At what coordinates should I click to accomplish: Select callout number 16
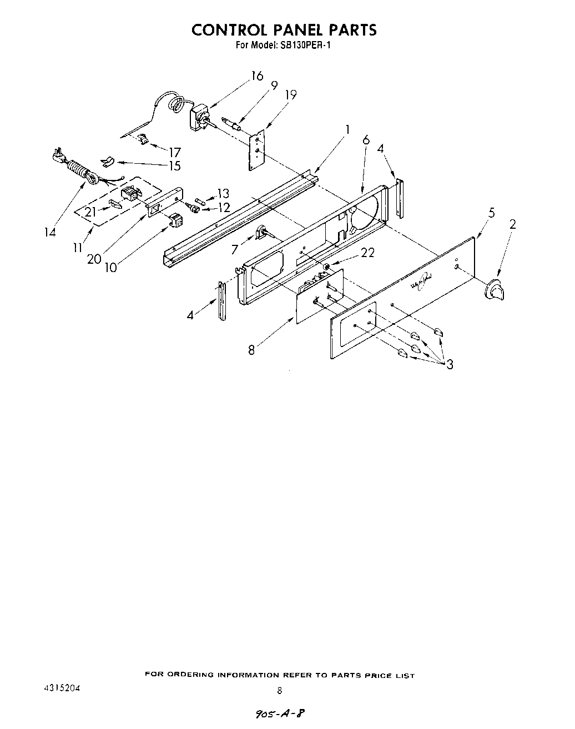[x=256, y=76]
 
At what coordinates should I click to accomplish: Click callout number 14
[x=50, y=232]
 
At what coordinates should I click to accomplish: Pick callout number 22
[x=367, y=253]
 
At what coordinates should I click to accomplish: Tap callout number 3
[x=449, y=364]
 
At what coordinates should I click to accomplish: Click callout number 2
[x=512, y=224]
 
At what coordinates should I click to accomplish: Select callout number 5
[x=491, y=213]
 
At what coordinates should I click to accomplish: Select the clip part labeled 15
[x=108, y=162]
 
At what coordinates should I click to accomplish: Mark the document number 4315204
[x=61, y=688]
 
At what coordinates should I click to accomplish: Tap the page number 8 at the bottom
[x=280, y=691]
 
